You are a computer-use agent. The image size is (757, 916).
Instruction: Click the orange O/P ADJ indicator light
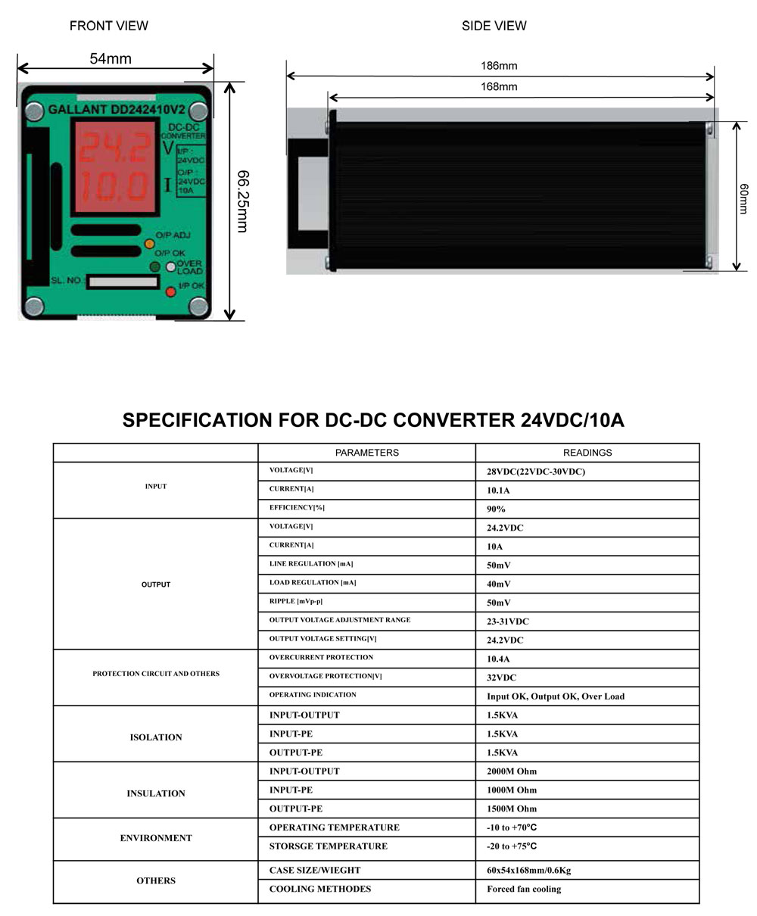point(149,245)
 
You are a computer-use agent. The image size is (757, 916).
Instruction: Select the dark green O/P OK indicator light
point(155,267)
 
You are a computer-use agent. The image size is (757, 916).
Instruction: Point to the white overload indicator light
point(171,266)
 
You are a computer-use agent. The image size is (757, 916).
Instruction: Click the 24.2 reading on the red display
point(114,150)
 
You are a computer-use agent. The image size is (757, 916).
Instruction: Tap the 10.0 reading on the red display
point(114,185)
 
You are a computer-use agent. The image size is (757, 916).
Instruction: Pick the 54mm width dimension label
point(111,58)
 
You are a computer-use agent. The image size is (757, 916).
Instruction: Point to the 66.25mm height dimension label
point(243,201)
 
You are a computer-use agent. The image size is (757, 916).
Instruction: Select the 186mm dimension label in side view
point(499,66)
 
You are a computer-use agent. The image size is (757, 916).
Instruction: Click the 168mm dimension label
point(499,86)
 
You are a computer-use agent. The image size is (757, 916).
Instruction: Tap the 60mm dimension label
point(744,198)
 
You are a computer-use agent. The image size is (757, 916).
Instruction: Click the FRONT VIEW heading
point(109,26)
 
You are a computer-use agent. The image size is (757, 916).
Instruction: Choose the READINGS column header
point(587,453)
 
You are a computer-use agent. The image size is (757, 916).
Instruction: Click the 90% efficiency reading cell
point(497,509)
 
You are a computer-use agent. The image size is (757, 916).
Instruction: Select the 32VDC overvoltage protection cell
point(502,678)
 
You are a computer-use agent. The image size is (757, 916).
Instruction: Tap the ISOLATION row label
point(156,737)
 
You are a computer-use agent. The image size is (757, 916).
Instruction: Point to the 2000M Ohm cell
point(512,771)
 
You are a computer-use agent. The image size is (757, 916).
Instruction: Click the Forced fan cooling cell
point(524,889)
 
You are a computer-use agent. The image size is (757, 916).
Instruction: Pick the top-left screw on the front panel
point(34,112)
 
